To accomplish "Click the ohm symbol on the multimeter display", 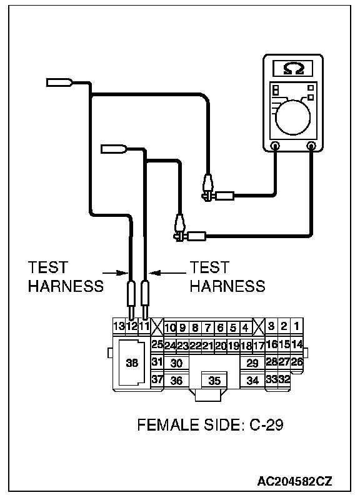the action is pyautogui.click(x=294, y=69).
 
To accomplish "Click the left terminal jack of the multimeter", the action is pyautogui.click(x=275, y=146).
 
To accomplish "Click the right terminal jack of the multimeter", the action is pyautogui.click(x=311, y=146).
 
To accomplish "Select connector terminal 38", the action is pyautogui.click(x=132, y=363).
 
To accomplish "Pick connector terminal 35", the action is pyautogui.click(x=214, y=381).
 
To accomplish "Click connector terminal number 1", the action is pyautogui.click(x=296, y=326).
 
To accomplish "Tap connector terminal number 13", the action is pyautogui.click(x=119, y=326).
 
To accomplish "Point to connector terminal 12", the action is pyautogui.click(x=131, y=326).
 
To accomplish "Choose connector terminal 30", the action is pyautogui.click(x=176, y=363).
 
